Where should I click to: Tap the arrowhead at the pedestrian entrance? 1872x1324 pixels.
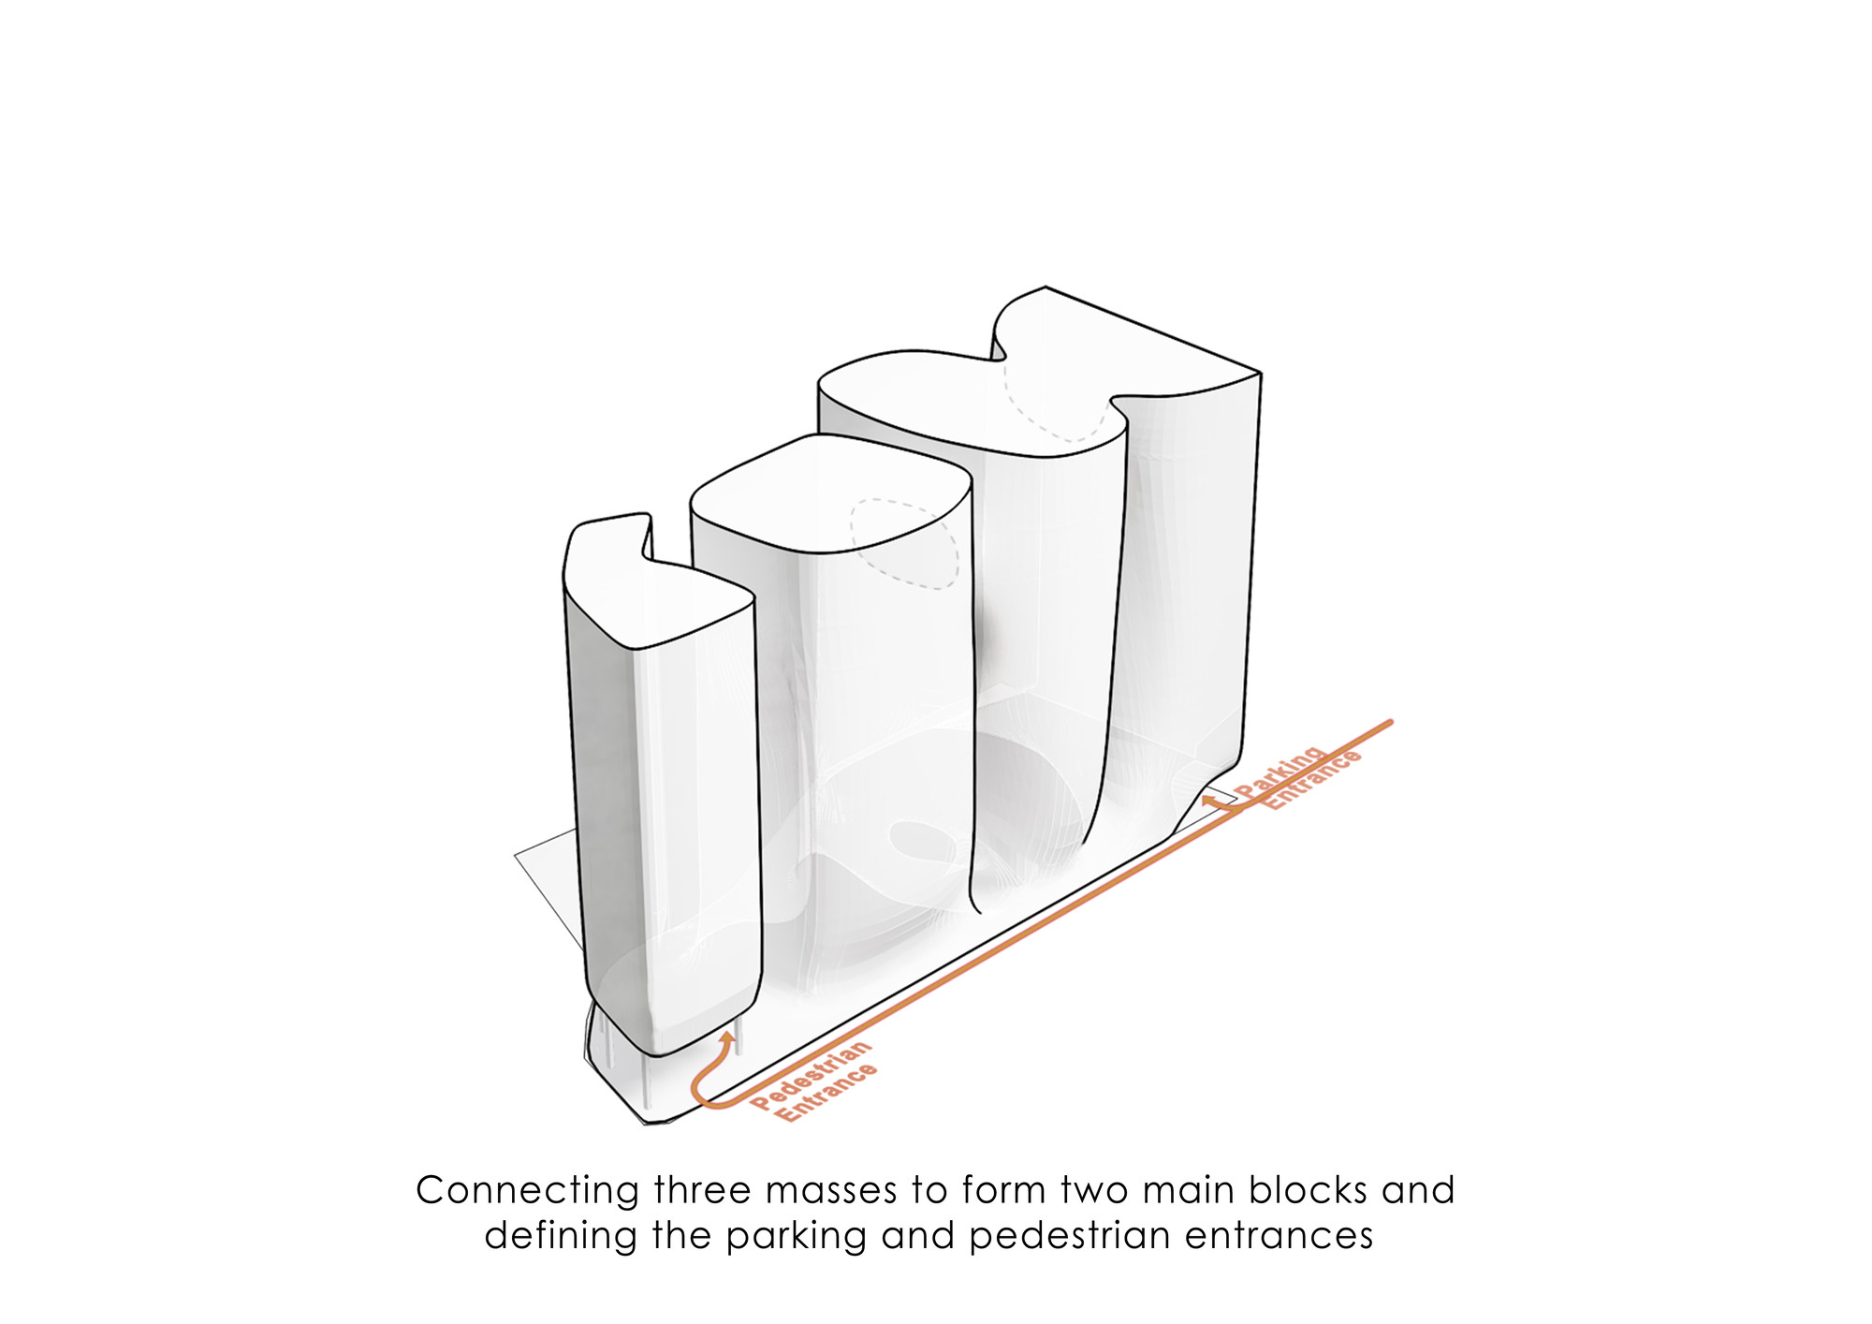727,1038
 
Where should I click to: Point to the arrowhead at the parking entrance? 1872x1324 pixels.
1208,801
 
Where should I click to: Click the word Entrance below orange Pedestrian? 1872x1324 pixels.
827,1093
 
